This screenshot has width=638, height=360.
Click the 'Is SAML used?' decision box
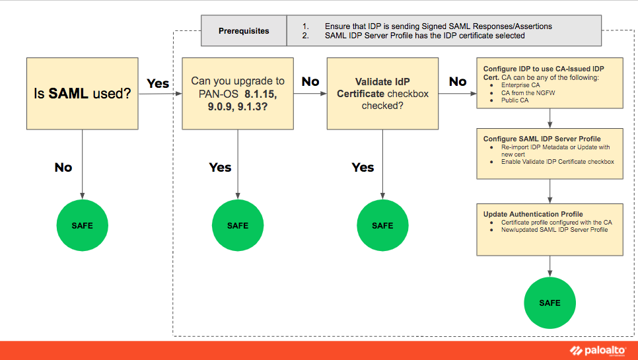[82, 93]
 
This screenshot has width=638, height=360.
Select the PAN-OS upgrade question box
[238, 93]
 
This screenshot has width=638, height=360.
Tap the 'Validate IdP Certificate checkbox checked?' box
[382, 93]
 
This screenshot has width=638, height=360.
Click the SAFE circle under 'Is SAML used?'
[82, 225]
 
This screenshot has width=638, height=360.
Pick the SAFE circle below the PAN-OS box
[238, 225]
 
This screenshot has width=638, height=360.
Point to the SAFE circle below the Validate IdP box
[382, 225]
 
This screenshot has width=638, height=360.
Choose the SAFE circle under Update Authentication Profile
[549, 303]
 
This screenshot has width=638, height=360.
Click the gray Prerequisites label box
[244, 31]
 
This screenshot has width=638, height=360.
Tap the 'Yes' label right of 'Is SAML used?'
[158, 84]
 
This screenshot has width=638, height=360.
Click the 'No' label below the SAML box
[63, 168]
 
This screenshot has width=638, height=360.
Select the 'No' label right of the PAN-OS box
[310, 82]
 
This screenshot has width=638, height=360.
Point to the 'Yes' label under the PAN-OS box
[220, 168]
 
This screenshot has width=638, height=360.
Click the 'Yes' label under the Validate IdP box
[363, 168]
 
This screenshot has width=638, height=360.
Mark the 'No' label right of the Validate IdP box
[458, 82]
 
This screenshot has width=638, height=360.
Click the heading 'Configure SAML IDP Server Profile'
[542, 139]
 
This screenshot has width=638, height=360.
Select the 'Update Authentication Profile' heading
[533, 214]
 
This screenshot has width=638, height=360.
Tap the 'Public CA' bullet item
[515, 100]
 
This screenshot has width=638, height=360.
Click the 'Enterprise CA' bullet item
[520, 86]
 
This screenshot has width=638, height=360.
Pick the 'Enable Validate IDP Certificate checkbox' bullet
[557, 161]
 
